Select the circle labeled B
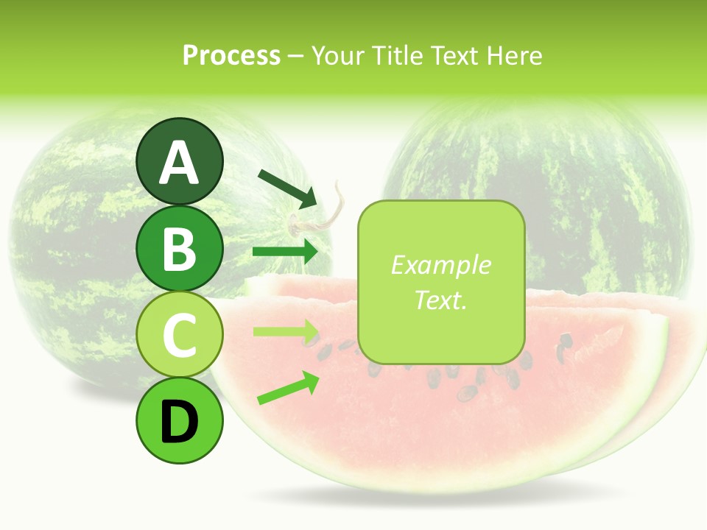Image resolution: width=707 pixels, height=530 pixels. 179,248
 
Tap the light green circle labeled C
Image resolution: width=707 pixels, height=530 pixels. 179,334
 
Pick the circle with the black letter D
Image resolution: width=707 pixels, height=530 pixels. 179,420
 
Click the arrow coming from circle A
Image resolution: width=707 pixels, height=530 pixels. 287,188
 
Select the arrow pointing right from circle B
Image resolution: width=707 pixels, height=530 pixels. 286,252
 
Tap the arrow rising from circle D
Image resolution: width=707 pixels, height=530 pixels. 288,389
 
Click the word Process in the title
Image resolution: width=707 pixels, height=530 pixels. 231,56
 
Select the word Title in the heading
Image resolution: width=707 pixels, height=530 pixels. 395,56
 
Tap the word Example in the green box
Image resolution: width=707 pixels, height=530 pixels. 440,266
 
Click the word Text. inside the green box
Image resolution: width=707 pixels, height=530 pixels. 440,300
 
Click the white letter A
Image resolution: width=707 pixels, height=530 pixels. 179,162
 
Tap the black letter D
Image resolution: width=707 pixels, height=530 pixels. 179,421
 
